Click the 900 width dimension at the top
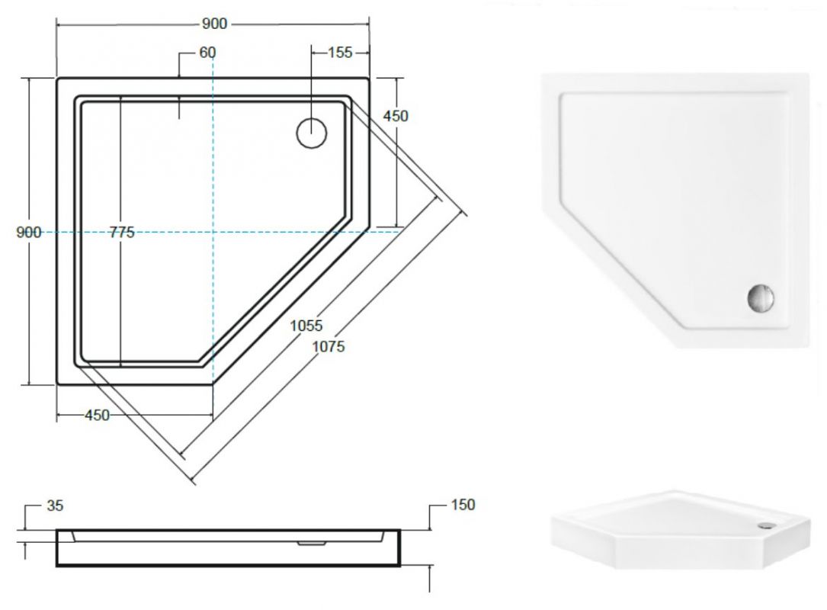tap(214, 24)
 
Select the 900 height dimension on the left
tap(28, 232)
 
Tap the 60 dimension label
tap(208, 53)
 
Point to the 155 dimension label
tap(340, 53)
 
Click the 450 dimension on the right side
tap(396, 116)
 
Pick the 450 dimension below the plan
tap(97, 416)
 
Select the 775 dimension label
tap(123, 232)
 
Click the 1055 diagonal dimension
tap(306, 326)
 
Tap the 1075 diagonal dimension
tap(329, 346)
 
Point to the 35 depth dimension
tap(55, 506)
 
